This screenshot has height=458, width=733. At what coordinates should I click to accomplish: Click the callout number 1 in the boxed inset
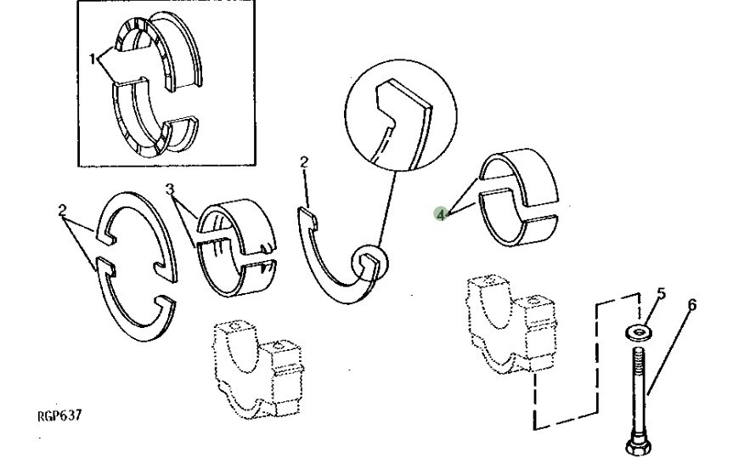(x=93, y=59)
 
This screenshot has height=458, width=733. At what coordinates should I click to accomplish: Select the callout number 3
(x=170, y=189)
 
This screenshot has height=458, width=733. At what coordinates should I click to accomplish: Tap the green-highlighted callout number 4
(x=440, y=215)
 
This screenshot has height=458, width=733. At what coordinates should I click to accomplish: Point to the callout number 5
(x=662, y=295)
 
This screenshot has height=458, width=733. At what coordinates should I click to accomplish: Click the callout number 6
(x=691, y=303)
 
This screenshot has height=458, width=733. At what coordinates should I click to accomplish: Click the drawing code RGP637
(x=60, y=416)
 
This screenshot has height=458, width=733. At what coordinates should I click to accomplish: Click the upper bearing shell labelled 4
(x=518, y=170)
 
